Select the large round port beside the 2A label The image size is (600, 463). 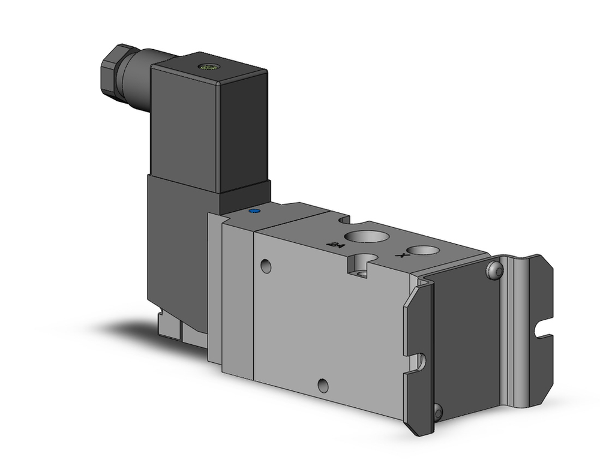click(x=365, y=235)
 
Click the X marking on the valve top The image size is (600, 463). click(x=398, y=255)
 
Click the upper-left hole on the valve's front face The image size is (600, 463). click(x=266, y=265)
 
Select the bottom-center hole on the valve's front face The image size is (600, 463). click(x=323, y=386)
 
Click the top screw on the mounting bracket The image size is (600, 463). click(x=494, y=271)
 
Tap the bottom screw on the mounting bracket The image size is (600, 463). click(x=438, y=411)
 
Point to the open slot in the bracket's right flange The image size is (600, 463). click(x=543, y=329)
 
